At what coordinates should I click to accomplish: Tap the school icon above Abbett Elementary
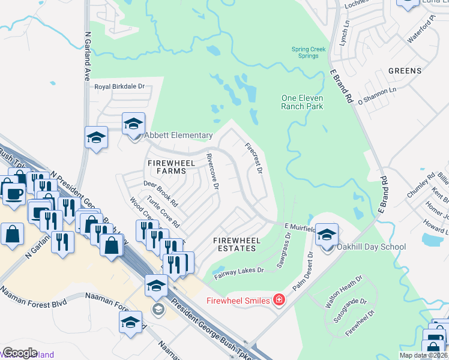point(133,124)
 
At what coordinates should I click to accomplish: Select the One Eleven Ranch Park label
point(303,102)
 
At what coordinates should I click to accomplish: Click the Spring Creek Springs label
point(309,53)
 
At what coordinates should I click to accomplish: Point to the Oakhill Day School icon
point(327,235)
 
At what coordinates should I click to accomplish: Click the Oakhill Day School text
point(372,247)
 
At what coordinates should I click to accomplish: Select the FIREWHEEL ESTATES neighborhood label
point(238,245)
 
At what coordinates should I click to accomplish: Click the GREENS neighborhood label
point(405,71)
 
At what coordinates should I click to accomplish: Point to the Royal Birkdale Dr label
point(120,86)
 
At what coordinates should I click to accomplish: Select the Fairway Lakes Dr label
point(240,271)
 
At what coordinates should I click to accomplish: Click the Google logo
point(20,353)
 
